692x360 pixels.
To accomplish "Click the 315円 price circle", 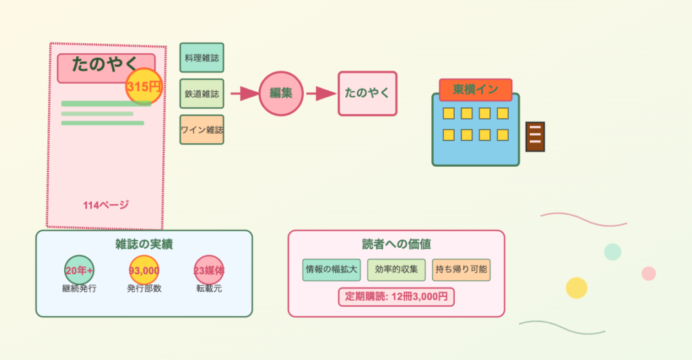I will pyautogui.click(x=144, y=86).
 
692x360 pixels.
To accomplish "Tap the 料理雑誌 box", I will pyautogui.click(x=201, y=57).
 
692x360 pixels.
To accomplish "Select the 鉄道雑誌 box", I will pyautogui.click(x=201, y=93).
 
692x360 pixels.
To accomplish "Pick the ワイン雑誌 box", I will pyautogui.click(x=201, y=130).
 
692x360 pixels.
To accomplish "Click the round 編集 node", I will pyautogui.click(x=280, y=93).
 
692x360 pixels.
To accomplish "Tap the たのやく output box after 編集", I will pyautogui.click(x=368, y=93).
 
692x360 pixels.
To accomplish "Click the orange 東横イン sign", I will pyautogui.click(x=475, y=89).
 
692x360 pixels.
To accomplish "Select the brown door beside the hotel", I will pyautogui.click(x=535, y=137).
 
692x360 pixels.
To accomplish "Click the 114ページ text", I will pyautogui.click(x=106, y=205).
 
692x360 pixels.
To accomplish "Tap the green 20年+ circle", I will pyautogui.click(x=79, y=270).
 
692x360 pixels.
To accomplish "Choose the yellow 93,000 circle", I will pyautogui.click(x=144, y=270).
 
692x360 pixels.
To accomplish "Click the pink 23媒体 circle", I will pyautogui.click(x=209, y=270).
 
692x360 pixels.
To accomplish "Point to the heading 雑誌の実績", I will pyautogui.click(x=144, y=245).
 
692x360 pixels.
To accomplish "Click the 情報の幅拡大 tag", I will pyautogui.click(x=332, y=269).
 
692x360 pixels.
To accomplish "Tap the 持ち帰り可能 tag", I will pyautogui.click(x=461, y=269).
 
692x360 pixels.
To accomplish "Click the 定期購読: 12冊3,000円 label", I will pyautogui.click(x=396, y=297).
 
